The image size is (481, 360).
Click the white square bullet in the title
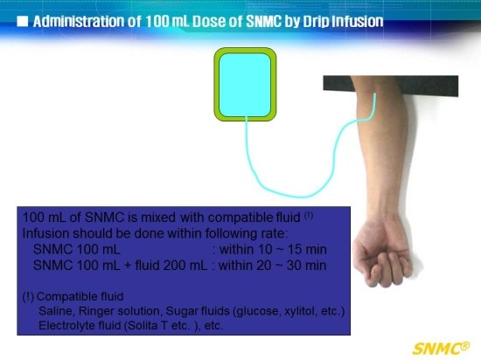coord(23,22)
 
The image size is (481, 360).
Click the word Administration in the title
coord(87,22)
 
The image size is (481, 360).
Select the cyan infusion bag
coord(245,84)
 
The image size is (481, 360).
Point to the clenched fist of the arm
coord(383,254)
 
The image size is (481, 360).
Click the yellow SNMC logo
coord(441,349)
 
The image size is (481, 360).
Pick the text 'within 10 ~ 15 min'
coord(273,249)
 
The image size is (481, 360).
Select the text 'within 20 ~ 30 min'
coord(272,266)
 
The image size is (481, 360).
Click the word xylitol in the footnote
coord(301,311)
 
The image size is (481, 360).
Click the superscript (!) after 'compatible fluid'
coord(309,216)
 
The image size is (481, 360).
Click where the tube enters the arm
coord(374,94)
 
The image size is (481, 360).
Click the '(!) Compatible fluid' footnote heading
coord(73,296)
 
